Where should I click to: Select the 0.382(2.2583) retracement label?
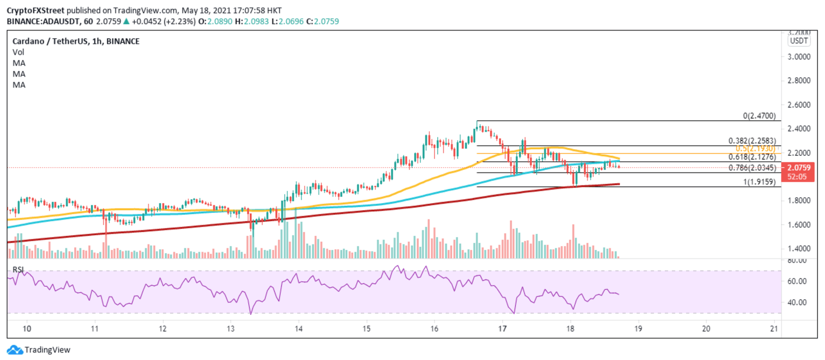pyautogui.click(x=753, y=140)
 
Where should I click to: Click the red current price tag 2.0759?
pyautogui.click(x=800, y=168)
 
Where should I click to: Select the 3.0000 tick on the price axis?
pyautogui.click(x=800, y=56)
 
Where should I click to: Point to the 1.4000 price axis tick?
pyautogui.click(x=800, y=249)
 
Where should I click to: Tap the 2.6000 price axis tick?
pyautogui.click(x=800, y=105)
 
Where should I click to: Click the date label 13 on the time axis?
pyautogui.click(x=230, y=329)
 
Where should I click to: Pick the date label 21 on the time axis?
pyautogui.click(x=774, y=329)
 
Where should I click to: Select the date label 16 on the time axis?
pyautogui.click(x=435, y=329)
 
